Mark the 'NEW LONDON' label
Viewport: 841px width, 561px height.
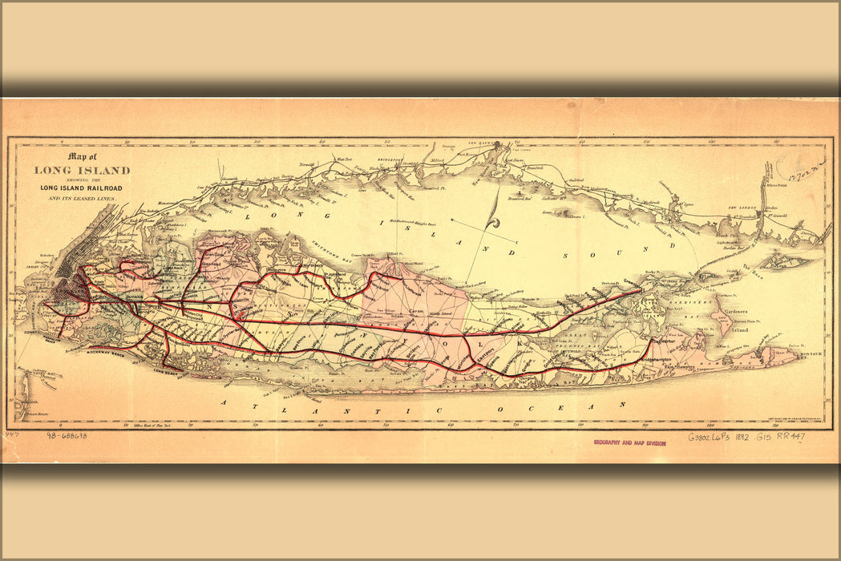pyautogui.click(x=742, y=208)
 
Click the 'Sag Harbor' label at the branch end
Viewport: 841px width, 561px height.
pyautogui.click(x=668, y=340)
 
